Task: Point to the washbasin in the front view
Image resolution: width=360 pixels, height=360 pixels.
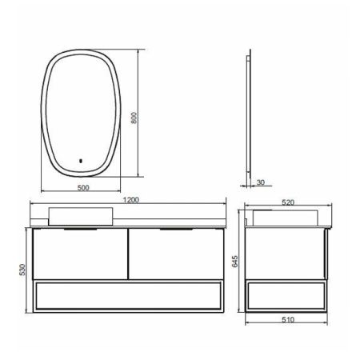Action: pos(80,215)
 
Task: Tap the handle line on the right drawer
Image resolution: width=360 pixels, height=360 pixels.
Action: pos(176,230)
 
